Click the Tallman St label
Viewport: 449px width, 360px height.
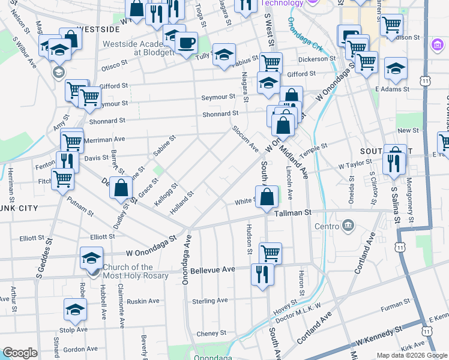click(x=294, y=213)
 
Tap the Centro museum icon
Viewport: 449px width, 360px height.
click(x=348, y=226)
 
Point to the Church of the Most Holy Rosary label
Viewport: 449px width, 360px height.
click(x=127, y=271)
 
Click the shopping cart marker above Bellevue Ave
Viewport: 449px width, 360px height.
click(x=270, y=253)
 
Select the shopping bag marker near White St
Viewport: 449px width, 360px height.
click(x=267, y=196)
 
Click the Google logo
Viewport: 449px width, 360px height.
click(x=20, y=353)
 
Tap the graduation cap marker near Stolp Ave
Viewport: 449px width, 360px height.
click(x=75, y=310)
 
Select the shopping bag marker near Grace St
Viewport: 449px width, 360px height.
click(x=121, y=187)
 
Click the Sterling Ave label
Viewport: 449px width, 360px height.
click(x=210, y=301)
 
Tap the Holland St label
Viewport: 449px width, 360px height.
click(x=183, y=199)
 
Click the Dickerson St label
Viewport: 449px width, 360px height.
click(x=316, y=59)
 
